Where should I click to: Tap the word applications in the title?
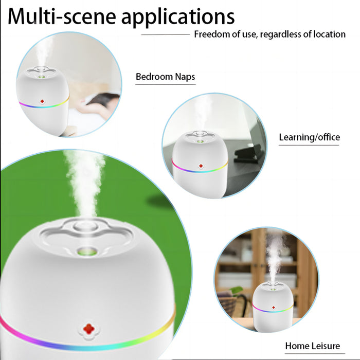coord(177,16)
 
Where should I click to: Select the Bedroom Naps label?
coord(165,77)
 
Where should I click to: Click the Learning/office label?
coord(309,137)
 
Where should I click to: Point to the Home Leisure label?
coord(312,346)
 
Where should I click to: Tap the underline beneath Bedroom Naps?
coord(165,84)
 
